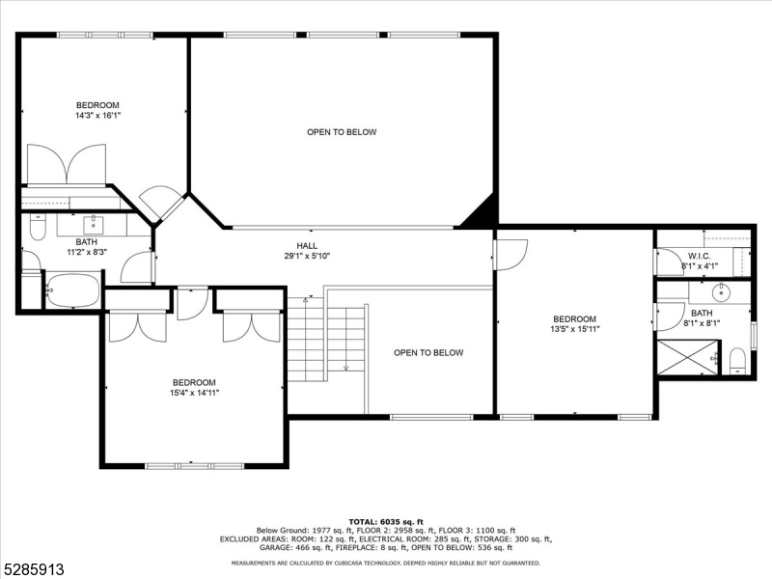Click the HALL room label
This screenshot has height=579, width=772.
pos(307,246)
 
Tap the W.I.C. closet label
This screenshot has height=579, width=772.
pos(699,257)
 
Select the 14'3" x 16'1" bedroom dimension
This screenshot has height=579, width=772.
pos(98,116)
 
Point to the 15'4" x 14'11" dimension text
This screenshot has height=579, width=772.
pos(194,393)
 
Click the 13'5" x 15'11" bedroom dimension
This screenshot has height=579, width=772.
pos(574,329)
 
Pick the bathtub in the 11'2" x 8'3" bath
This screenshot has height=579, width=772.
pos(73,290)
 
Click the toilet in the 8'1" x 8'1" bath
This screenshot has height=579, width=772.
pos(737,361)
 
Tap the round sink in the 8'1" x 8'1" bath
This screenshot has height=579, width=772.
pos(721,293)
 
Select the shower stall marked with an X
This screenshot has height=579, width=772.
pos(687,357)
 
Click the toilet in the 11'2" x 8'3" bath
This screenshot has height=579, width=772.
pos(38,228)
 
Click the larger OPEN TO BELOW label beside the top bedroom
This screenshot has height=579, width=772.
pos(342,132)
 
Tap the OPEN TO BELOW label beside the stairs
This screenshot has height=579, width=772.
pos(428,352)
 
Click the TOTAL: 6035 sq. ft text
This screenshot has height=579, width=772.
pos(386,522)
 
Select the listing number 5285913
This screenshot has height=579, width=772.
pos(33,569)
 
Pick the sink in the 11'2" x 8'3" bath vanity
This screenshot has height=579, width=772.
pos(93,225)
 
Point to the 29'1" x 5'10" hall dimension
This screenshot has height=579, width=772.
pos(307,256)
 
